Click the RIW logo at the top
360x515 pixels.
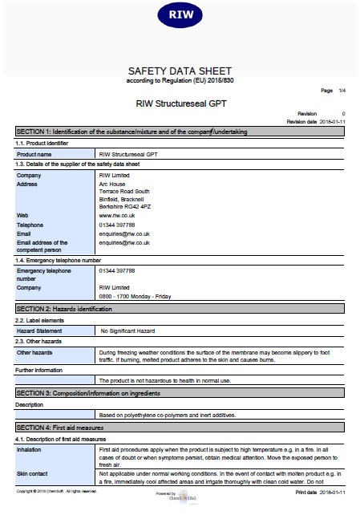(180, 14)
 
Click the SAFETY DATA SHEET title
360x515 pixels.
(180, 70)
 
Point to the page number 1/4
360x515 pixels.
(342, 91)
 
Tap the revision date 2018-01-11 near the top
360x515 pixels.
(332, 121)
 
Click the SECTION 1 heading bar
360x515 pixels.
(180, 131)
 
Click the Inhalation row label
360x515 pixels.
(31, 449)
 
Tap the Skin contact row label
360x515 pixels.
(34, 474)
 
